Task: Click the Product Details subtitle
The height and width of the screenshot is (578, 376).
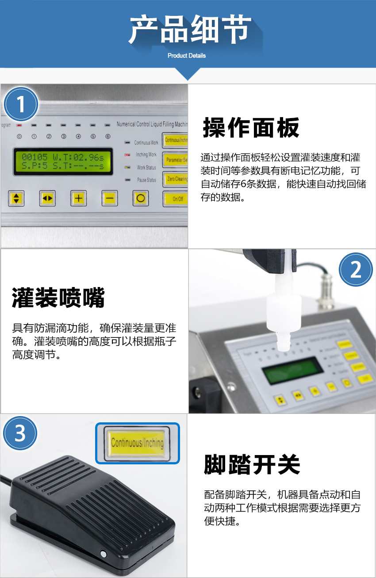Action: [x=187, y=56]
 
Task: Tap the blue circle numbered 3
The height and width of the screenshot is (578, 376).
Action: [x=20, y=433]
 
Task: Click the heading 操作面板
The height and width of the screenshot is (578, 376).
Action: [x=251, y=128]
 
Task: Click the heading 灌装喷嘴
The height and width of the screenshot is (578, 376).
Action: [x=58, y=297]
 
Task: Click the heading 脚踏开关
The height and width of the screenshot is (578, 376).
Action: [x=252, y=464]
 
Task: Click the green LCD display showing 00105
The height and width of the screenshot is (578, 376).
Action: [x=62, y=161]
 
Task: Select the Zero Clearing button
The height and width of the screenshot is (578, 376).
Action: [x=176, y=179]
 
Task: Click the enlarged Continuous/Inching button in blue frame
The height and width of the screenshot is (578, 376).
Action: [x=137, y=443]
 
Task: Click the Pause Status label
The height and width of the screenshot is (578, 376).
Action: [x=146, y=180]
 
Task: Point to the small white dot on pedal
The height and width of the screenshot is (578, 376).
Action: [x=104, y=554]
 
